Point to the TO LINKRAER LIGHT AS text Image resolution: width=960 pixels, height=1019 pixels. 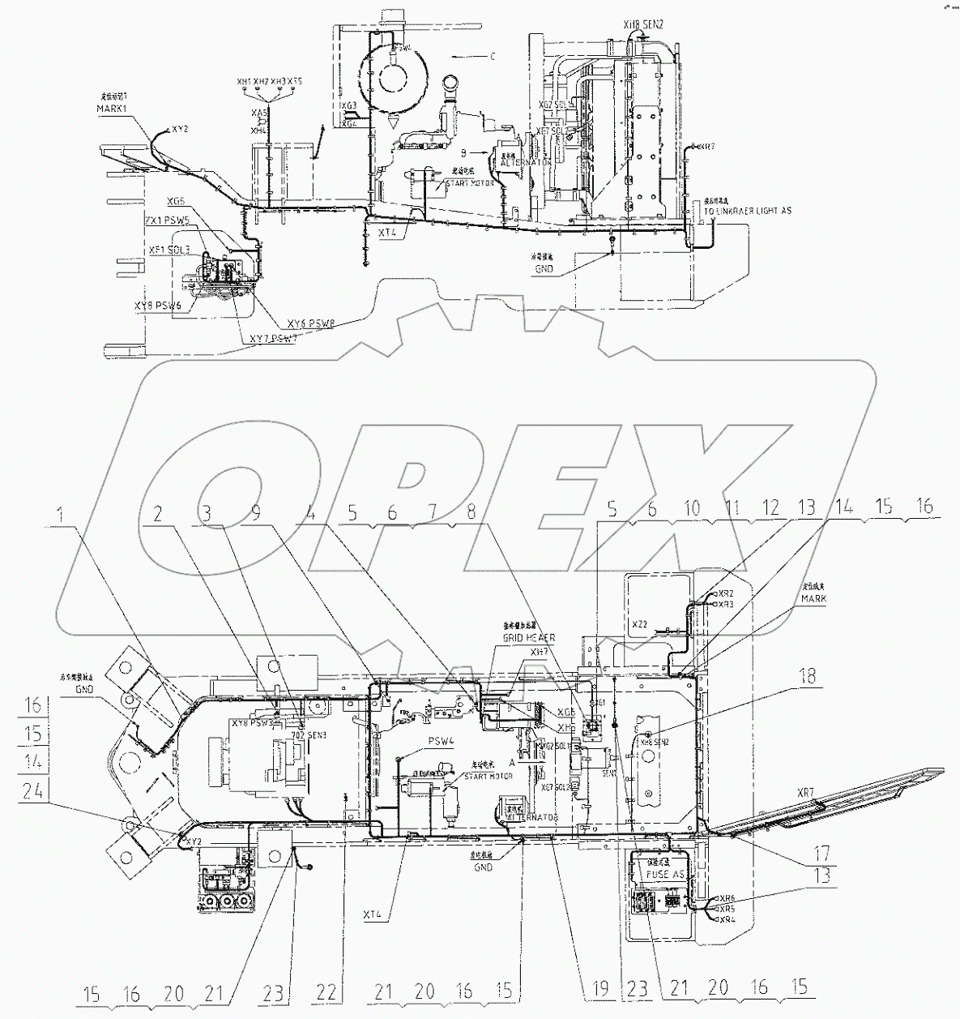pos(747,211)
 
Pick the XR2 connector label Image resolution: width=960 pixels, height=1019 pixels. pos(725,594)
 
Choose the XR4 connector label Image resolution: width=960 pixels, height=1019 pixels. pos(727,919)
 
